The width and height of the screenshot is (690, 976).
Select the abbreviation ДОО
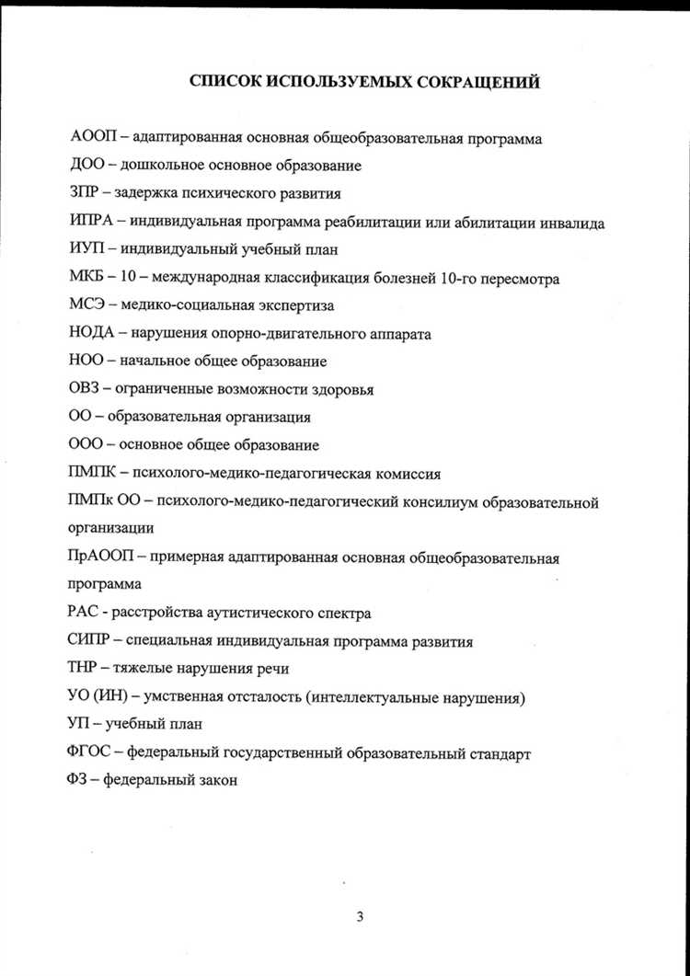tap(87, 166)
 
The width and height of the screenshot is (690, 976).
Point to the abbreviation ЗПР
tap(86, 194)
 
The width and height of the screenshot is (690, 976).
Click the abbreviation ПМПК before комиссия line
tap(93, 475)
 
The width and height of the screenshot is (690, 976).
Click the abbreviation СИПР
tap(91, 641)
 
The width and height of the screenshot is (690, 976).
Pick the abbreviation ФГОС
tap(90, 753)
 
